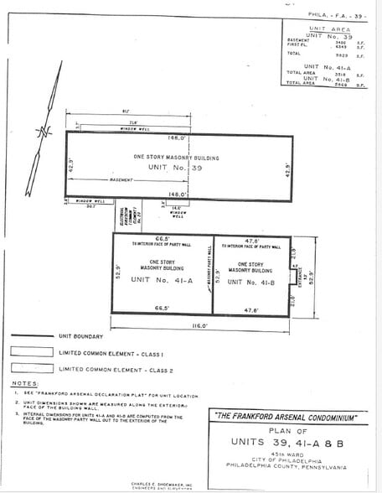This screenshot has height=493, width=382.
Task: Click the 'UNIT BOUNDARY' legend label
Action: coord(82,336)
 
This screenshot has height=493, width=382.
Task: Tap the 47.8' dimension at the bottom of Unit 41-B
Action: coord(251,311)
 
